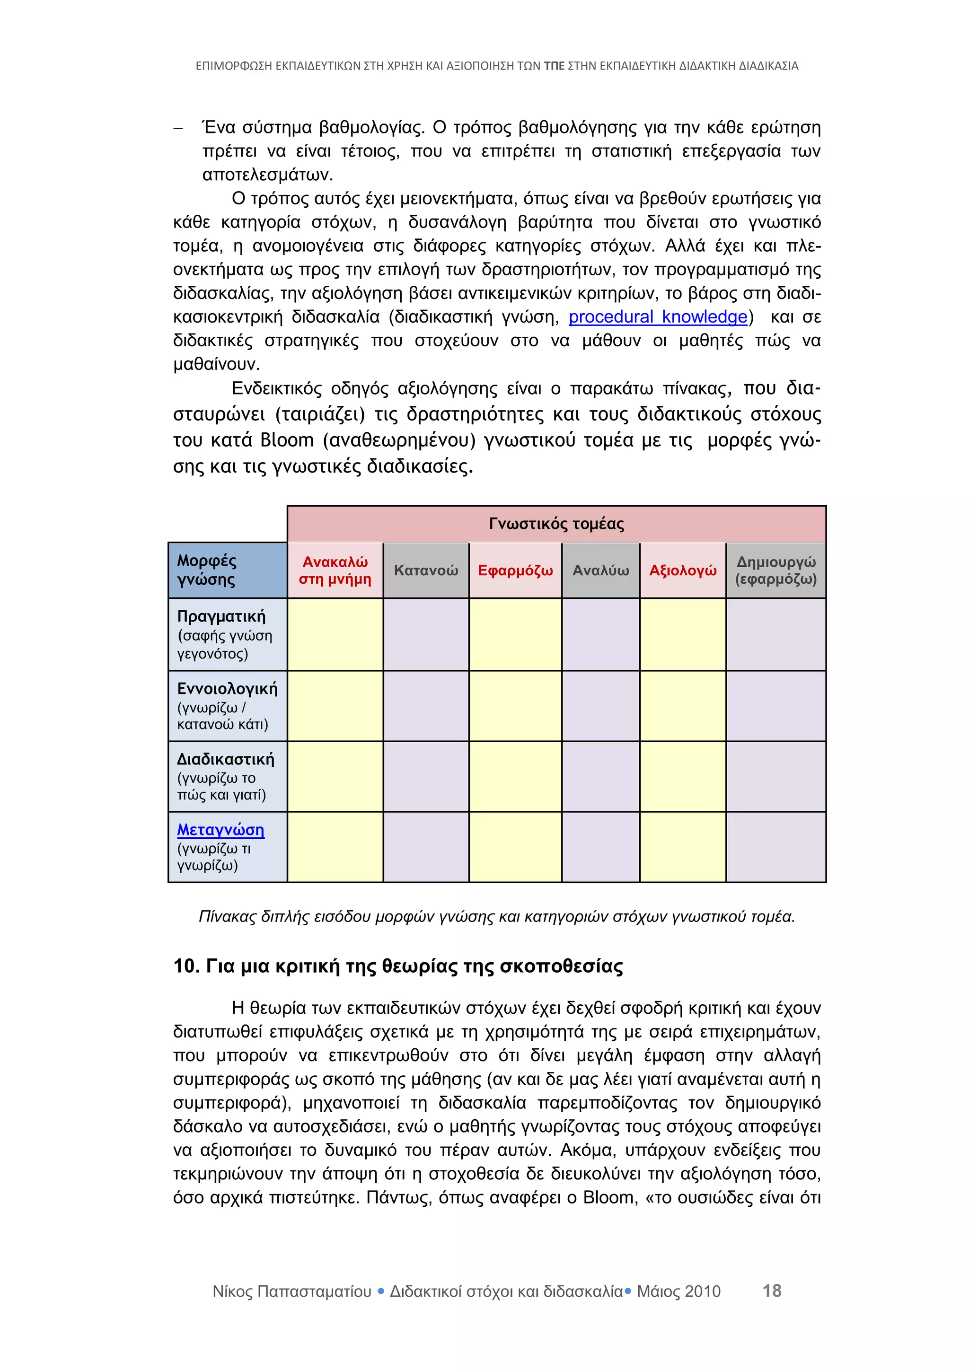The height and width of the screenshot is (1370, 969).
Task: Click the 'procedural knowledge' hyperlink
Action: [658, 317]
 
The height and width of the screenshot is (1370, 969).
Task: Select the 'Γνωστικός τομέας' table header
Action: [556, 523]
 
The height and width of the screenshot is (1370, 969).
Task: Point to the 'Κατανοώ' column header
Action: [426, 571]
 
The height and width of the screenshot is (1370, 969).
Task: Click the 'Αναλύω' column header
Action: [600, 571]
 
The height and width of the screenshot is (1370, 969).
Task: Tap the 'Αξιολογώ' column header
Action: [683, 571]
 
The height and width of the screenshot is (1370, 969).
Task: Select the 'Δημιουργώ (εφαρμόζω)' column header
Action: [775, 571]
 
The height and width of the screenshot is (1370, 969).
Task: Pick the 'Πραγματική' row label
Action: [221, 616]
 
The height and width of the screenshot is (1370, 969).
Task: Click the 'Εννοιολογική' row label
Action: [227, 689]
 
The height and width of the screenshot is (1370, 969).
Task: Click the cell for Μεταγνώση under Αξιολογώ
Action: [683, 847]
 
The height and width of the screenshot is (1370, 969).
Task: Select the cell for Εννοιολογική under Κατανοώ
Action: [426, 706]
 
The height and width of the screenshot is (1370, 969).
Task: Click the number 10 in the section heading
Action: [185, 966]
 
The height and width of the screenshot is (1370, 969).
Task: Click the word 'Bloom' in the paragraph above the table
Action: [287, 440]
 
